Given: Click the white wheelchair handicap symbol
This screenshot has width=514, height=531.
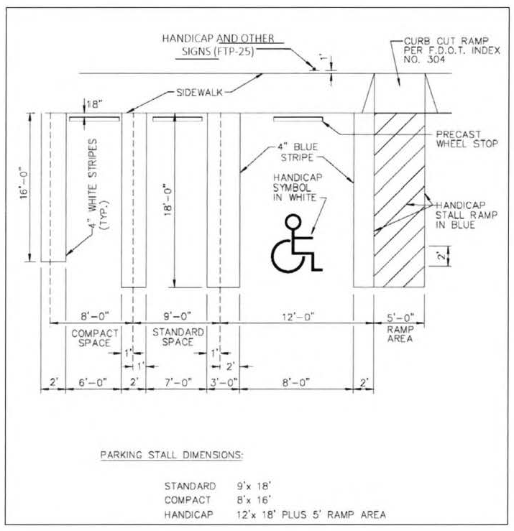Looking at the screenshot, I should tap(295, 247).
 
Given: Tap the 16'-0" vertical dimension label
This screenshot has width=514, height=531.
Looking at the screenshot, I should tap(24, 187).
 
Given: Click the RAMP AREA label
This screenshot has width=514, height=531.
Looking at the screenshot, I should tap(400, 334).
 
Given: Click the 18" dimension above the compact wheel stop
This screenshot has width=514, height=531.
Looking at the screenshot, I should tap(94, 103).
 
